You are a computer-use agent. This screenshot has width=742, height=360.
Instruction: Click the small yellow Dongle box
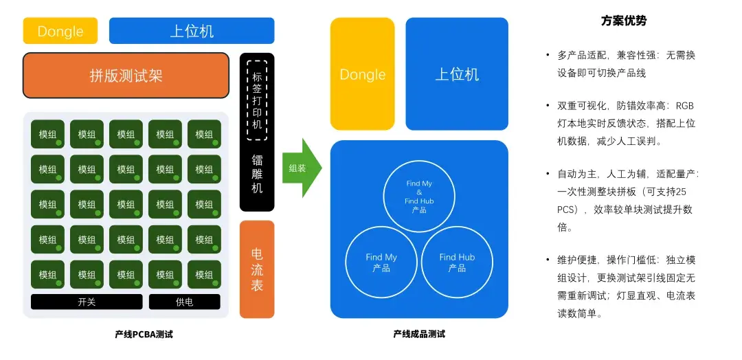[60, 31]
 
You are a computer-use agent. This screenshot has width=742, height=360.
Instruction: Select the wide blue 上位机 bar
[192, 31]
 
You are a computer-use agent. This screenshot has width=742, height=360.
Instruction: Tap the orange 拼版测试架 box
[126, 75]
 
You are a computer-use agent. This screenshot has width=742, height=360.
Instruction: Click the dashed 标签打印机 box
[257, 100]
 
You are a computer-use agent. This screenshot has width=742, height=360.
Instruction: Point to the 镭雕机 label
[257, 173]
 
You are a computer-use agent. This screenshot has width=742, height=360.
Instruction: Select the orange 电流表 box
[257, 269]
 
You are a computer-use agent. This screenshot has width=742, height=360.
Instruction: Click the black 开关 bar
[87, 302]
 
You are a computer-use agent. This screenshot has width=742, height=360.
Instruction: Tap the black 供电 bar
[185, 302]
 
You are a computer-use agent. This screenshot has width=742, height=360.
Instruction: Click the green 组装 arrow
[302, 168]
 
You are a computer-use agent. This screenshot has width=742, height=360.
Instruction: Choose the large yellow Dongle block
[363, 74]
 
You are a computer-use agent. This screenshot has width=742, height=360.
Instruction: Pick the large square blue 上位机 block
[457, 74]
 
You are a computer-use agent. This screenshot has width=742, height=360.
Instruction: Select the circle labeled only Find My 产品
[346, 262]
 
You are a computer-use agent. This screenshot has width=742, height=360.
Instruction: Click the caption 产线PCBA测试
[144, 335]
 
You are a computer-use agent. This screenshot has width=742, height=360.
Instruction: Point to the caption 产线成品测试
[419, 335]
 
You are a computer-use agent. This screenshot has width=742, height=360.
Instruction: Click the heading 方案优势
[624, 21]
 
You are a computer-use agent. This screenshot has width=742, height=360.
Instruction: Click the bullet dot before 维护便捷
[548, 261]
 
